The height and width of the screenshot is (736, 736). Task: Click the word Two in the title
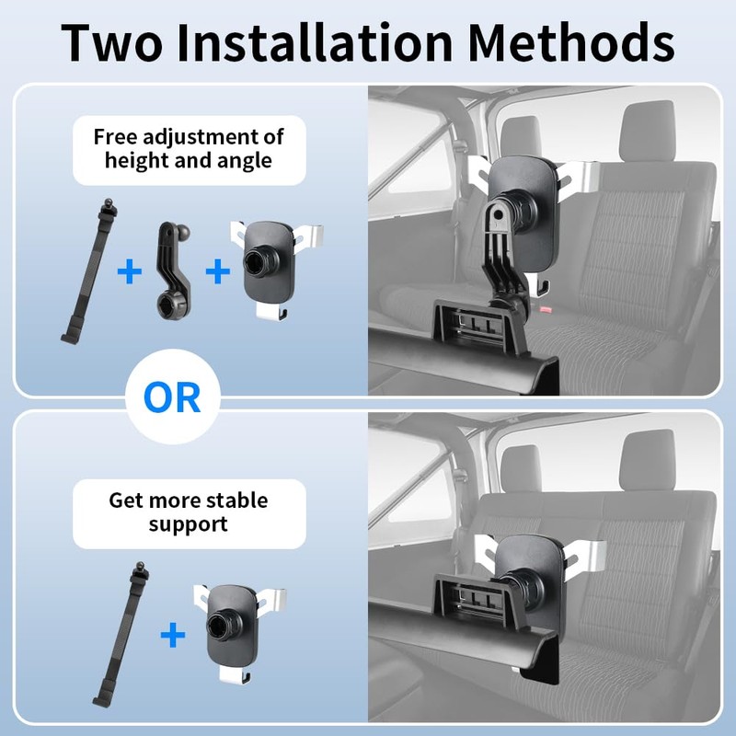click(x=111, y=42)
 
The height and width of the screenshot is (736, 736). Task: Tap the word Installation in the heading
click(x=315, y=42)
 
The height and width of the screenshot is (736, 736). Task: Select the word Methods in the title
click(x=570, y=42)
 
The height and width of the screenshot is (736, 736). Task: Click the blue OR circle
click(x=172, y=397)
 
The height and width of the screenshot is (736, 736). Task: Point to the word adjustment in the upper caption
click(x=200, y=138)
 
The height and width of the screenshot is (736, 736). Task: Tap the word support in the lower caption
click(x=189, y=524)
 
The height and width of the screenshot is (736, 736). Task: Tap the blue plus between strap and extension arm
click(x=130, y=271)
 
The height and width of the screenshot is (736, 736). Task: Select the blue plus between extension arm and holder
click(x=218, y=271)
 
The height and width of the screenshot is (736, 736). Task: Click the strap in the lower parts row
click(x=122, y=635)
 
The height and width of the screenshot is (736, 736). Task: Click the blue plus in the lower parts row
click(x=173, y=635)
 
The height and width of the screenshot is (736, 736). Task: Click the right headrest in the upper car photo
click(x=648, y=132)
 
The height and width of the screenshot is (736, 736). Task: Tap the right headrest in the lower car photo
click(x=648, y=461)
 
